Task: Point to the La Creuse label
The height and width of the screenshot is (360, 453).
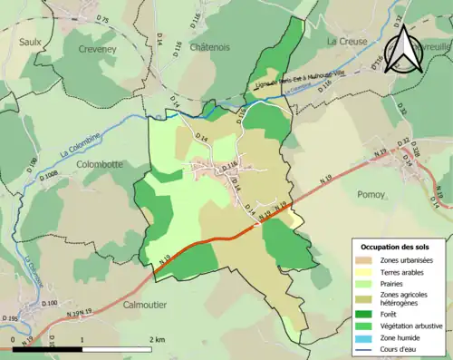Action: (x=346, y=42)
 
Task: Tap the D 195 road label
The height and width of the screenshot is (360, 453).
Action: (x=11, y=318)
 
